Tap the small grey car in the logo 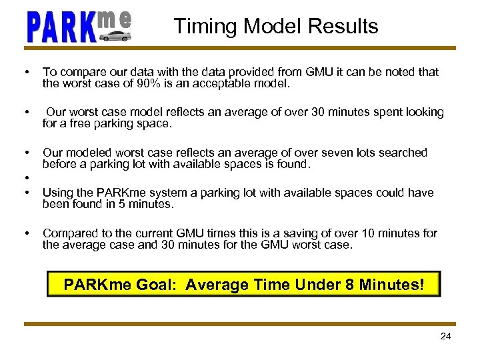[115, 35]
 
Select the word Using [57, 193]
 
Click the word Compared [69, 233]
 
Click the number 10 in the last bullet [369, 233]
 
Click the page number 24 [445, 336]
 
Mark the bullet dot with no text [26, 178]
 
